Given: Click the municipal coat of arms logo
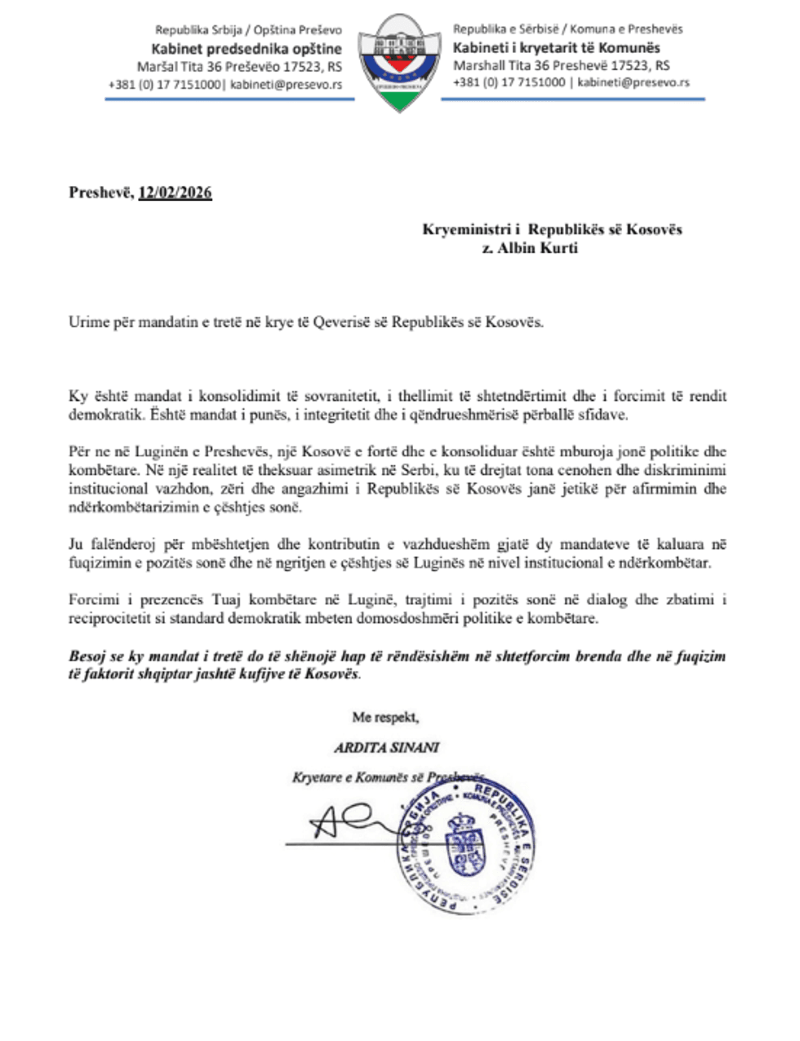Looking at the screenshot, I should point(398,62).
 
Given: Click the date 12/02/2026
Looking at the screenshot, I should point(175,194).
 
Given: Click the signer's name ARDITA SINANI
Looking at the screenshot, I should point(387,747).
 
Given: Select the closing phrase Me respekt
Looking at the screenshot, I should point(385,718).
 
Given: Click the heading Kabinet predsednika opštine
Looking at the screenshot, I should point(247,49).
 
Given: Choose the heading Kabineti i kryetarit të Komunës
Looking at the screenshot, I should point(557,47).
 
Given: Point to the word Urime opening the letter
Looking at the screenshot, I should point(88,323).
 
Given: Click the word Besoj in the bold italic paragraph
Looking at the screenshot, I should point(87,656).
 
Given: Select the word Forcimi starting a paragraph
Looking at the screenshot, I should point(93,600).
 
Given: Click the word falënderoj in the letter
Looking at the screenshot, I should point(125,545).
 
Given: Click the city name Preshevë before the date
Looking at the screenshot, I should point(100,194).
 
